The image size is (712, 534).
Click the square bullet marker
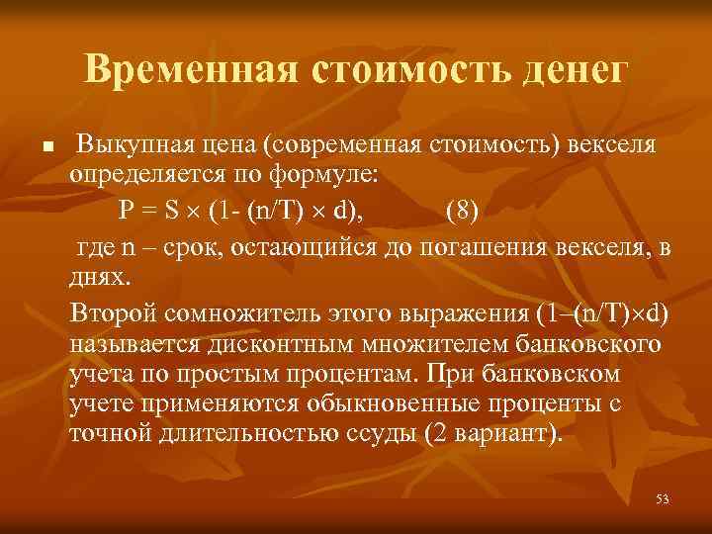[46, 147]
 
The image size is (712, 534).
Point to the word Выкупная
[133, 145]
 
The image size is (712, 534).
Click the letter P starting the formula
[127, 210]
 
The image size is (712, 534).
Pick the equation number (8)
[466, 210]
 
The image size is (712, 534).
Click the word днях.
[98, 273]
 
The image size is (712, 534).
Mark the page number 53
[662, 499]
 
